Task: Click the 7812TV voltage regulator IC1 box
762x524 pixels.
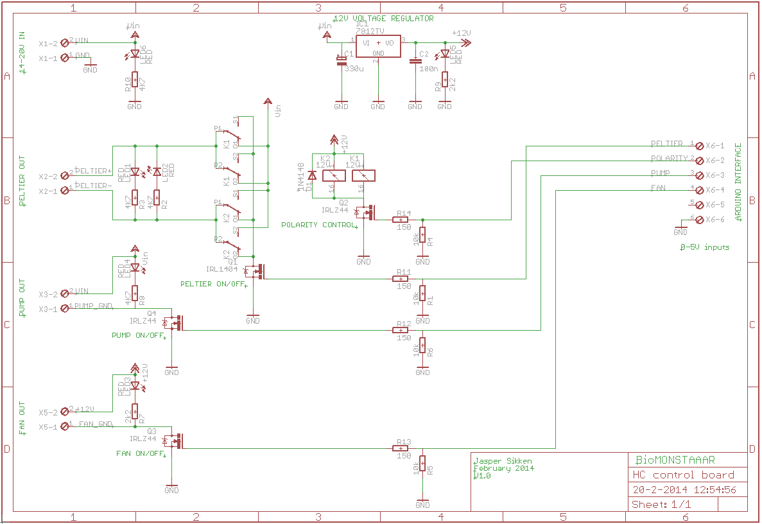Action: (379, 46)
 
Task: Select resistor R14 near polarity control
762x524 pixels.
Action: (404, 220)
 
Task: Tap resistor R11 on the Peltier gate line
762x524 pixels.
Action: (404, 279)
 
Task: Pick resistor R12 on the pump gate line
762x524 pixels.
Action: (404, 330)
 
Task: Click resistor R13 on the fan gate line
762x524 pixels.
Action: (404, 448)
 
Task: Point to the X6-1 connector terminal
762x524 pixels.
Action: (699, 146)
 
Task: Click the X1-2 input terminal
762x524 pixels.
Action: (64, 43)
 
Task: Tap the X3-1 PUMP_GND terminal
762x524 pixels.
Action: (64, 309)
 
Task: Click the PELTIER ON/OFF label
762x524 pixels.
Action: (214, 284)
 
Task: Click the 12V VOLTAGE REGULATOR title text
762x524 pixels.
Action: (384, 19)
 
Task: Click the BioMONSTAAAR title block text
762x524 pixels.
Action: (675, 460)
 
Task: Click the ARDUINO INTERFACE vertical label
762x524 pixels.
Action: (738, 182)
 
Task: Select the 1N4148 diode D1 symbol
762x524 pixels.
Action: (313, 175)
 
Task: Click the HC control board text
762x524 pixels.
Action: (683, 475)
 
